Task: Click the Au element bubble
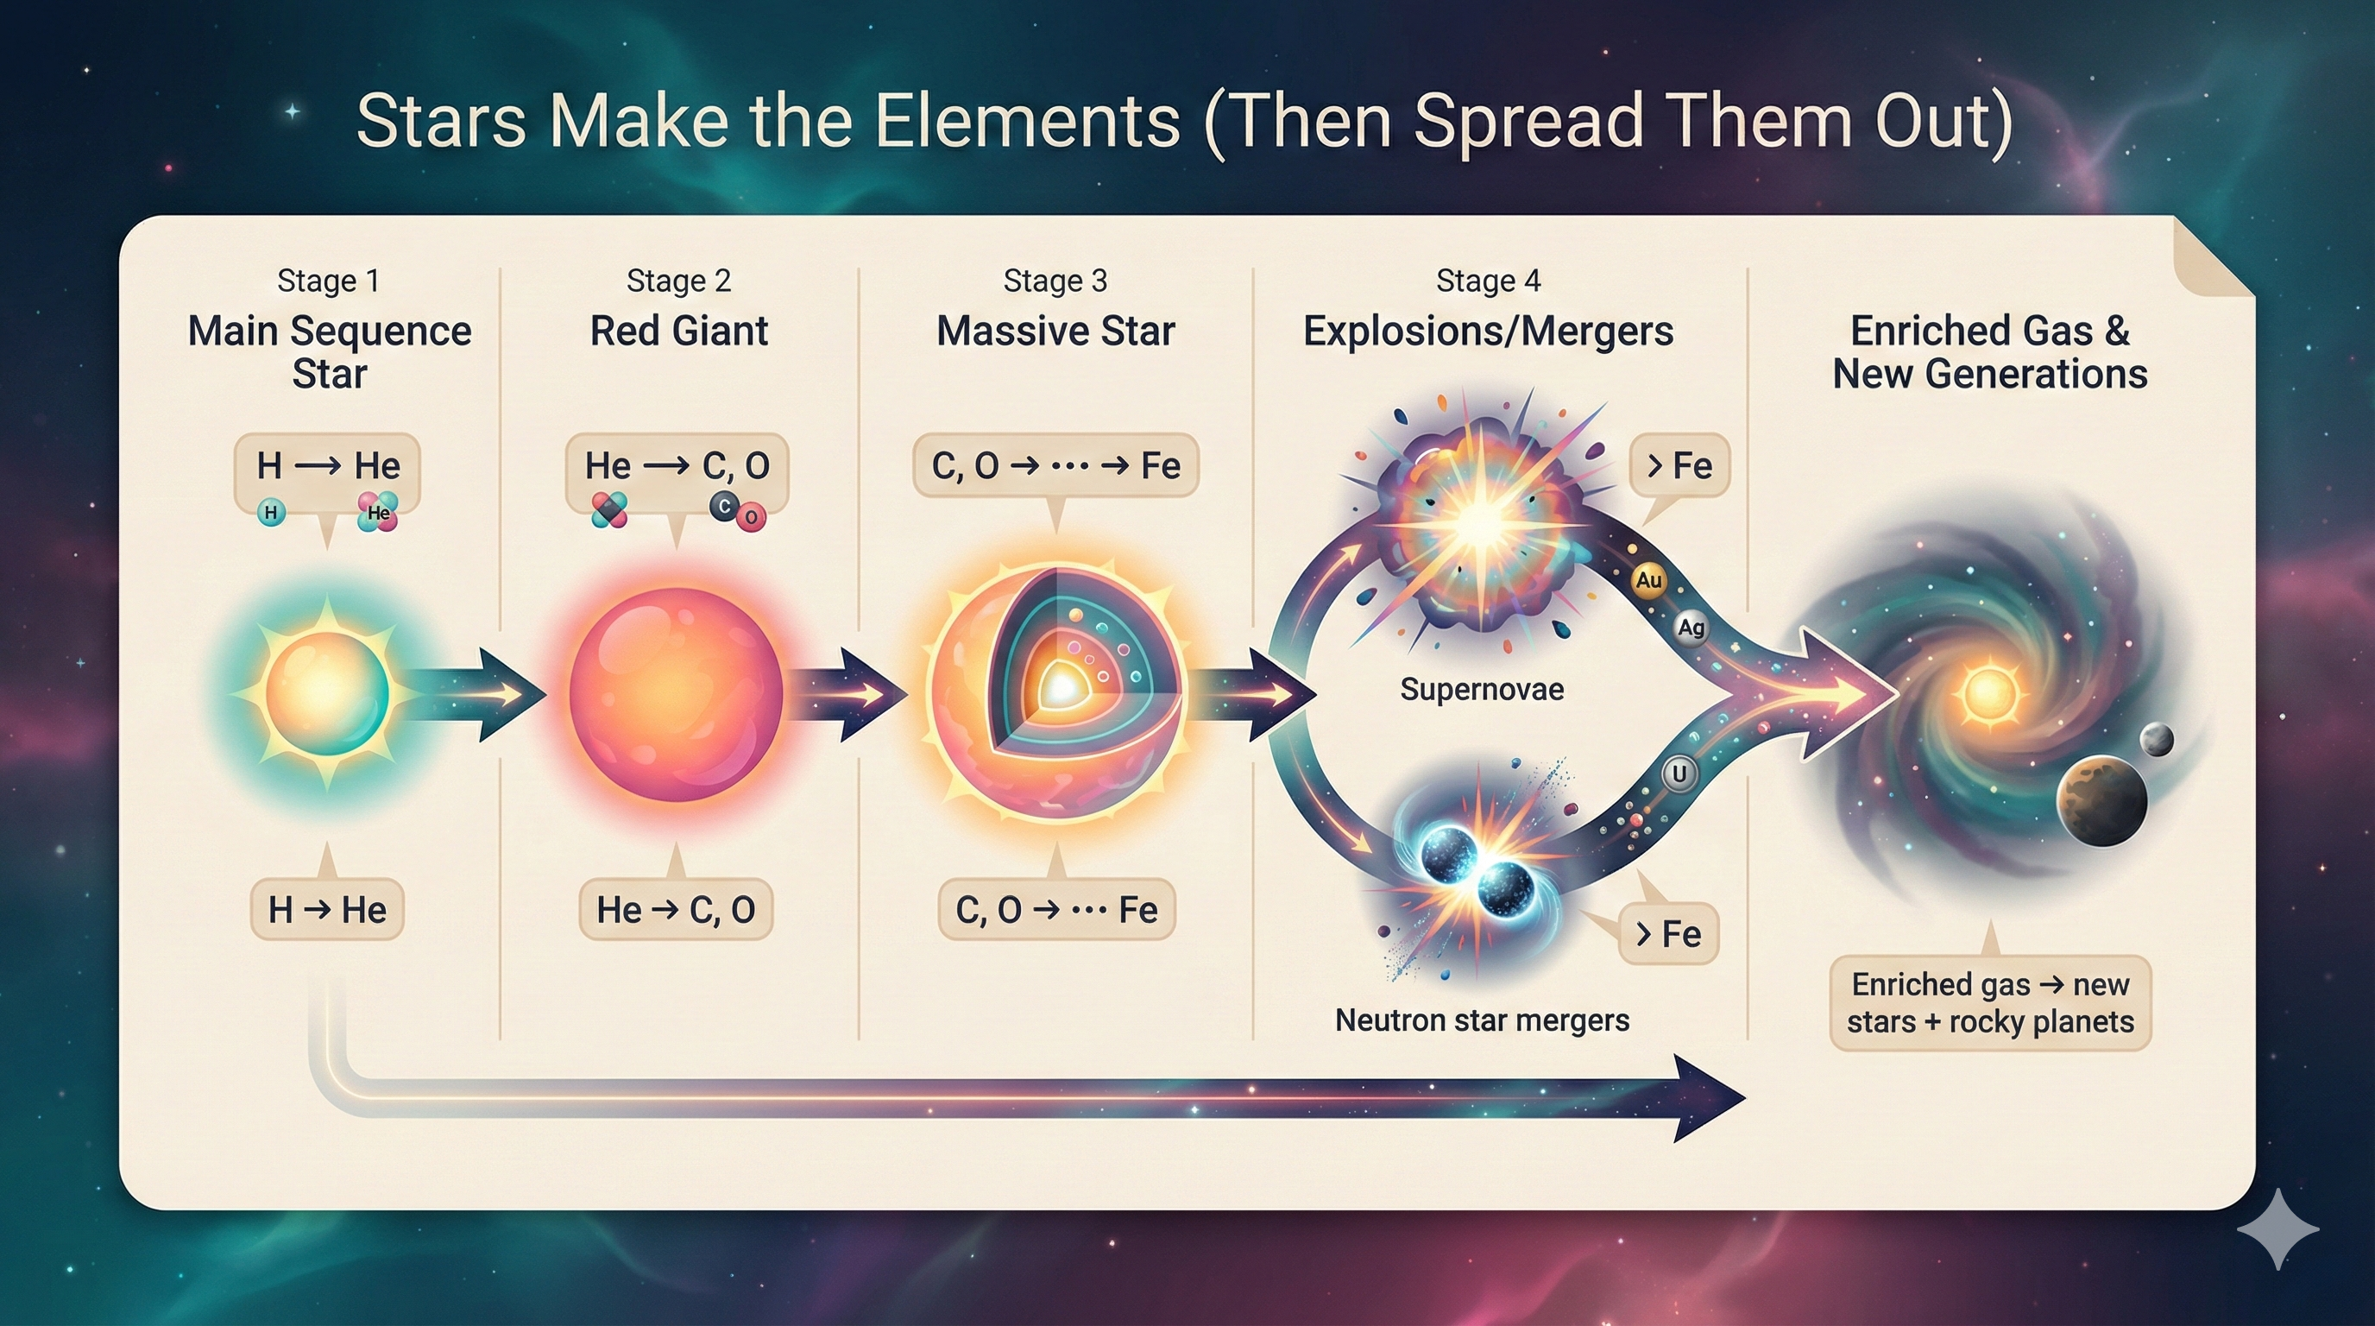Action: click(1648, 580)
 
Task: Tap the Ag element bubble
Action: click(1690, 628)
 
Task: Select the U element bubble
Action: click(1679, 773)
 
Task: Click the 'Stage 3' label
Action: click(1055, 281)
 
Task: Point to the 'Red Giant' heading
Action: click(678, 331)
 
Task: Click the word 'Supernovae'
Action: click(1482, 689)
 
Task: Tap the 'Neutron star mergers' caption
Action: click(1482, 1020)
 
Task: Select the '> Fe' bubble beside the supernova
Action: click(1679, 465)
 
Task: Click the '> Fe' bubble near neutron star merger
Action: click(1668, 934)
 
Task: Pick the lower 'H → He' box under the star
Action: click(327, 910)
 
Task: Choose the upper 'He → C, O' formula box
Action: click(677, 465)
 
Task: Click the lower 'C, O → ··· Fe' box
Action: click(1056, 910)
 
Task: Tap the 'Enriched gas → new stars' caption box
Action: click(1989, 1003)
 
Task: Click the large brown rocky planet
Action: click(2101, 800)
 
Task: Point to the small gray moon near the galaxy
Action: click(2156, 740)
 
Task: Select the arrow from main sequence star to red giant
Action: click(480, 694)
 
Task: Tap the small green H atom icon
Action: click(270, 512)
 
